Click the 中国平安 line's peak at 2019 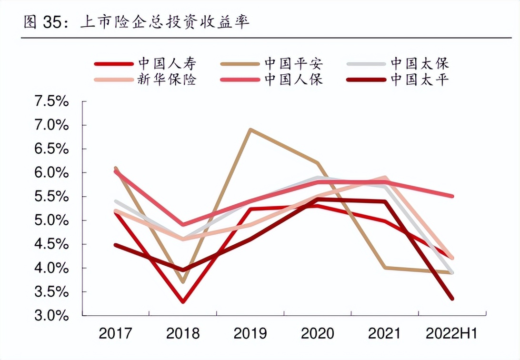(x=250, y=130)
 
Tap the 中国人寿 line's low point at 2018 (x=183, y=301)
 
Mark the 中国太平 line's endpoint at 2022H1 (x=452, y=299)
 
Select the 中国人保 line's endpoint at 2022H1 (x=452, y=196)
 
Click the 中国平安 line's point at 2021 (x=385, y=268)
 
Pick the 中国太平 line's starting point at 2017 (x=116, y=245)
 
